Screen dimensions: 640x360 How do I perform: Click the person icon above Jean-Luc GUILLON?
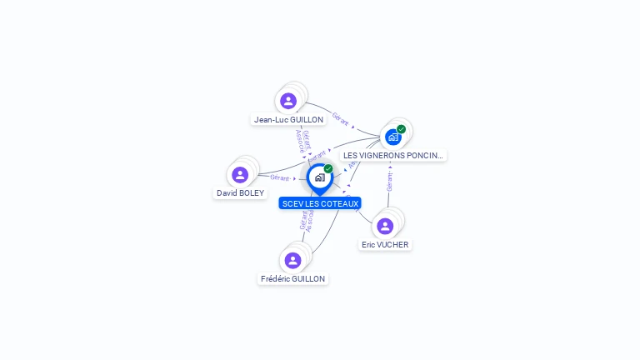(288, 101)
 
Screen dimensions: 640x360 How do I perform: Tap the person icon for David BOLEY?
(240, 175)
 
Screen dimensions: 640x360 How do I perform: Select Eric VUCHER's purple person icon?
(385, 226)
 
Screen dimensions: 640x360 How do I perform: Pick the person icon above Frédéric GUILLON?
(292, 260)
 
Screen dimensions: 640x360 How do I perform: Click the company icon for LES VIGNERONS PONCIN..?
(393, 137)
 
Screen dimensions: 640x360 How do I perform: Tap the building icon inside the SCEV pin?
(319, 177)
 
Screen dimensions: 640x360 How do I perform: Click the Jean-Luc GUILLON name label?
(288, 120)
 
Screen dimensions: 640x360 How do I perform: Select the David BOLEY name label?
(240, 193)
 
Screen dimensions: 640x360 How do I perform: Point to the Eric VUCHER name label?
(385, 245)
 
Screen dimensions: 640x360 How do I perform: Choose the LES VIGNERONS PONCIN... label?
(393, 156)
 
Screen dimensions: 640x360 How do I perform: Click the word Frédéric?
(277, 279)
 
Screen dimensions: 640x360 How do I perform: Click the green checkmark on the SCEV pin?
(328, 169)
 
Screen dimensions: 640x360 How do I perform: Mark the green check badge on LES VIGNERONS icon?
(402, 129)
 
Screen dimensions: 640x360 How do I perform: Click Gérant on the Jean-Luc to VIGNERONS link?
(340, 118)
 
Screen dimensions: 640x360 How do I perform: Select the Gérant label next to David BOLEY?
(279, 177)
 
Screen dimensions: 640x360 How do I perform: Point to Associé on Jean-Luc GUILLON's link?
(301, 141)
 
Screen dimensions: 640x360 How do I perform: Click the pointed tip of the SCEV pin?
(319, 195)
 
